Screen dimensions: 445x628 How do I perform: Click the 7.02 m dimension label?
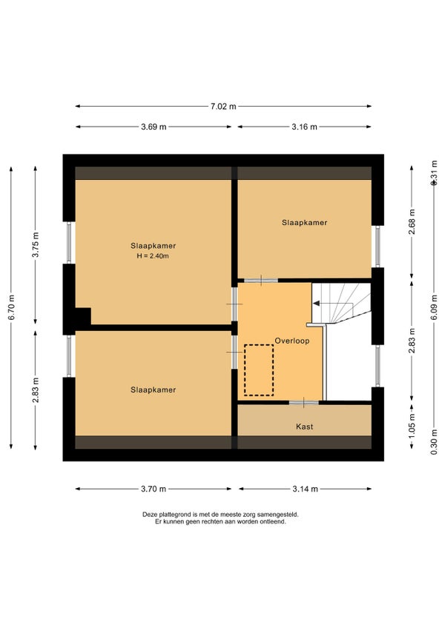[223, 107]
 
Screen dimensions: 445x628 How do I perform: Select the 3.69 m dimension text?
[154, 127]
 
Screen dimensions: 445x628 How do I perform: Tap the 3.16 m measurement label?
[304, 127]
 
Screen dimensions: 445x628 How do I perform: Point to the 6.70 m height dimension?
[12, 307]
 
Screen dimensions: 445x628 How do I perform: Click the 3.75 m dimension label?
[36, 244]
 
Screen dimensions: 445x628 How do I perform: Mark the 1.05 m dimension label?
[412, 425]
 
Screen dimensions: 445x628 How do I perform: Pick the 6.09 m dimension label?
[434, 307]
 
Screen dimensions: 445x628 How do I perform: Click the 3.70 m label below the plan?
[154, 489]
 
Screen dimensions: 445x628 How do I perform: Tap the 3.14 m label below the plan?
[305, 489]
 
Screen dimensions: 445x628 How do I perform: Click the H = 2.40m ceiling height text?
[153, 256]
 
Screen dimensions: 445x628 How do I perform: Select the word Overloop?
[292, 341]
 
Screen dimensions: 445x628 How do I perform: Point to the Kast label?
[304, 427]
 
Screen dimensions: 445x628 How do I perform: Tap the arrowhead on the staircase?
[316, 304]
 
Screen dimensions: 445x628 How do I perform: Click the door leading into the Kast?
[304, 402]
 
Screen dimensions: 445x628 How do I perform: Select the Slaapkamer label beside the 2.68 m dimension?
[304, 223]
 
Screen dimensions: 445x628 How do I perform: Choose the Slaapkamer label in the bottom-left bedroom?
[154, 390]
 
